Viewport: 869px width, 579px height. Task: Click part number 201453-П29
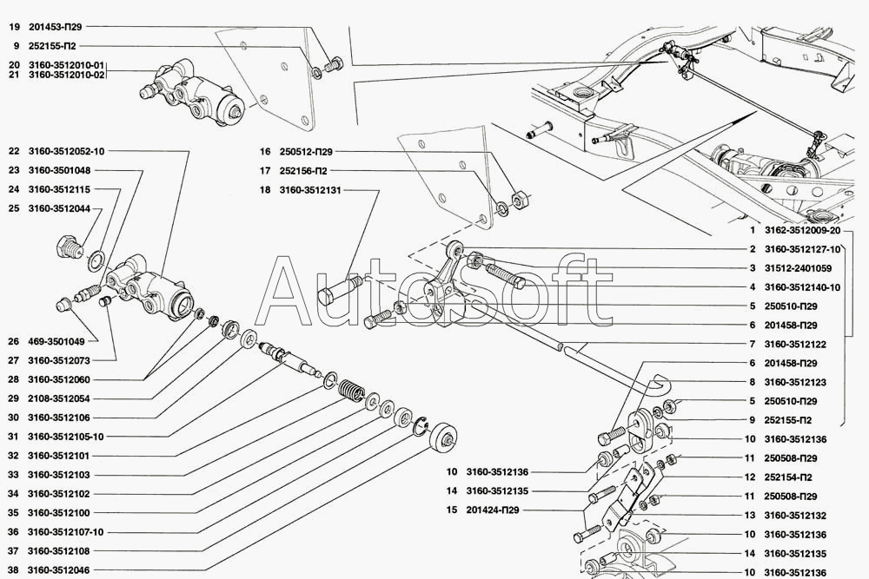(57, 28)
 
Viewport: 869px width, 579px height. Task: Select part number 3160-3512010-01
(67, 65)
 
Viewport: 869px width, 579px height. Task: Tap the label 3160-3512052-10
(67, 151)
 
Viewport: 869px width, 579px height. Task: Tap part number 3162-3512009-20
(802, 231)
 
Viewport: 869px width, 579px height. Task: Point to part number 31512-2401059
(799, 268)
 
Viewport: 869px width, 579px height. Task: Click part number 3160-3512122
(795, 345)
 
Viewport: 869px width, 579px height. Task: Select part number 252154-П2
(789, 477)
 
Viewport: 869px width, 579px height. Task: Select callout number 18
(265, 189)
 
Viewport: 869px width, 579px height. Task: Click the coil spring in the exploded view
(351, 392)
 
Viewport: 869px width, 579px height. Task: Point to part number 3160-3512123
(795, 382)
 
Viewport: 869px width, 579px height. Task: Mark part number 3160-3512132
(795, 516)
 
